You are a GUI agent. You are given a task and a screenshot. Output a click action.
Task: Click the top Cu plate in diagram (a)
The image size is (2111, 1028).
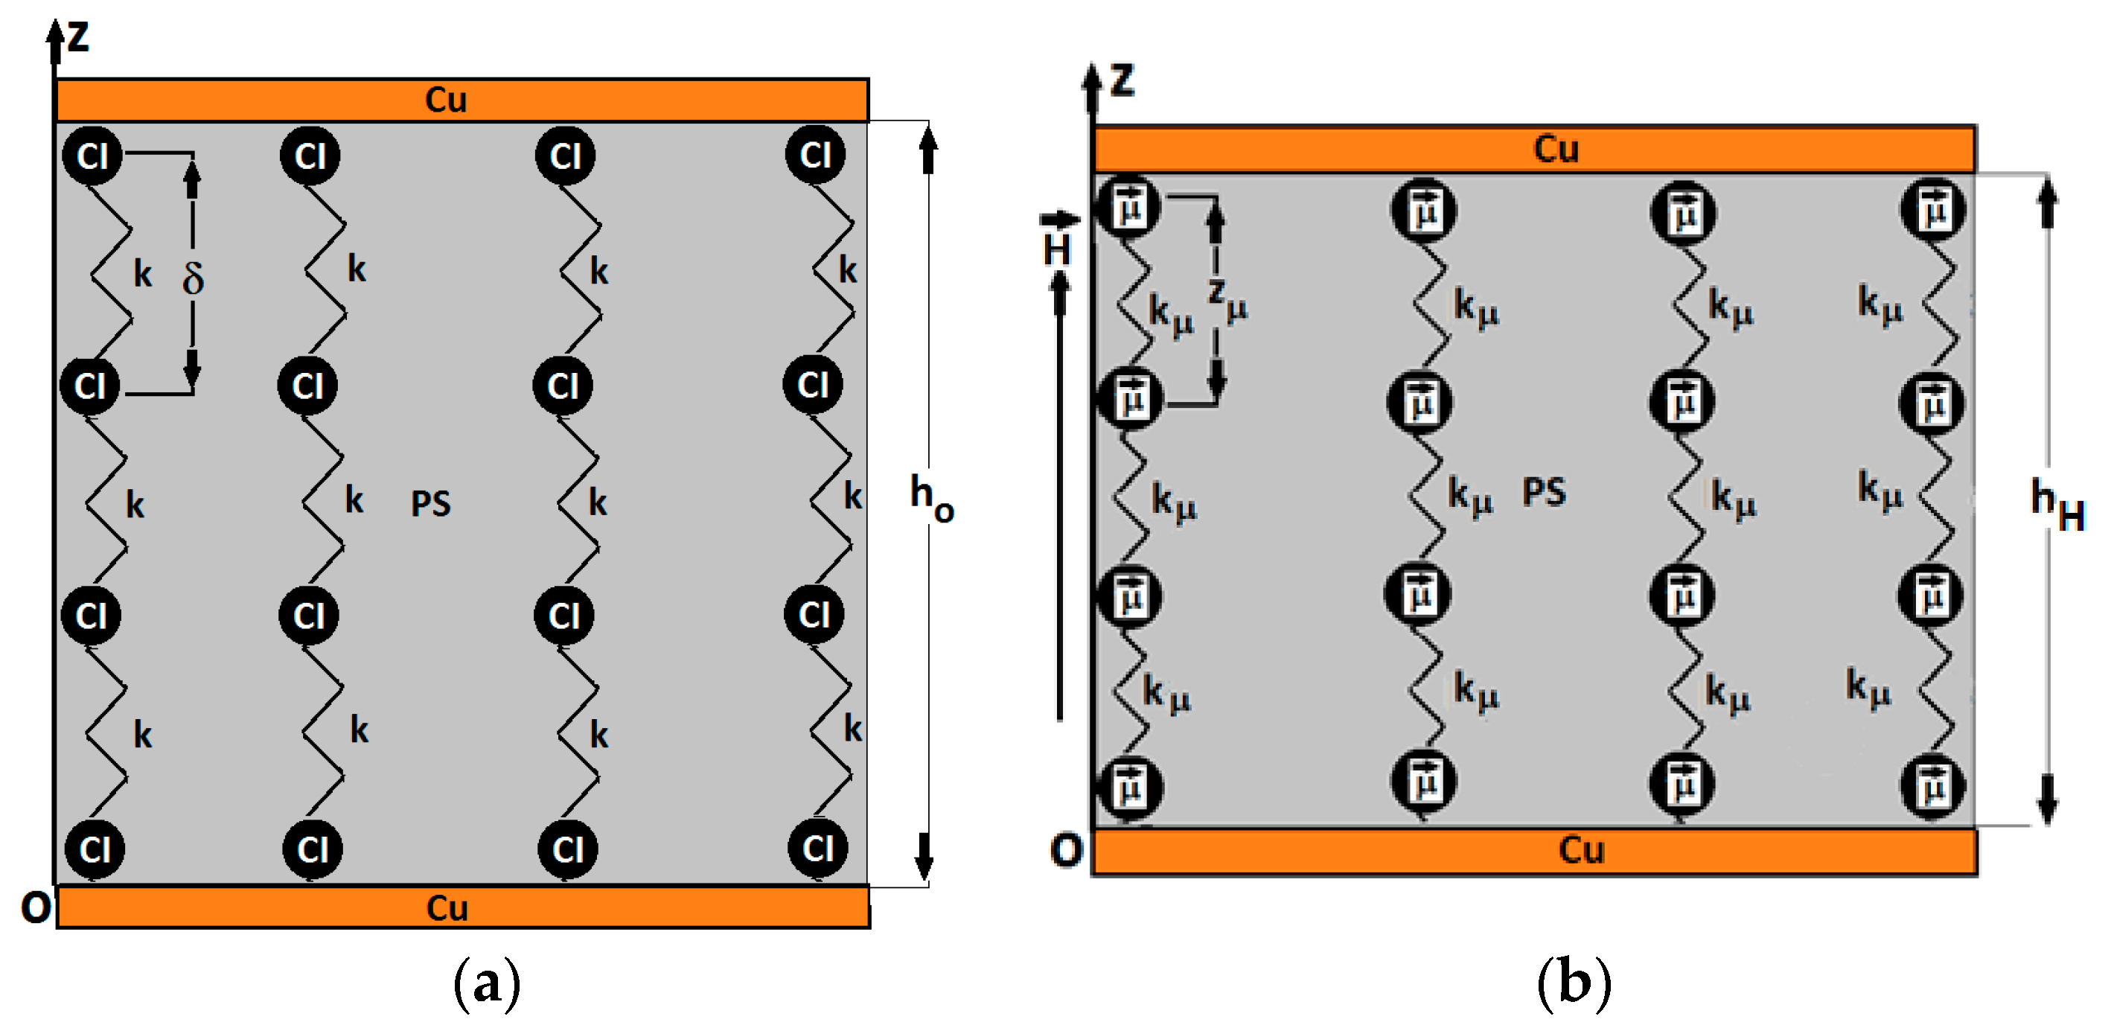[462, 100]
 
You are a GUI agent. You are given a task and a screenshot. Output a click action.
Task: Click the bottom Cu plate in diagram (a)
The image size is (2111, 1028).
[462, 907]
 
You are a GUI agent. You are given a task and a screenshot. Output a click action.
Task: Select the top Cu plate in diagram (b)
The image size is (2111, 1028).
[1534, 149]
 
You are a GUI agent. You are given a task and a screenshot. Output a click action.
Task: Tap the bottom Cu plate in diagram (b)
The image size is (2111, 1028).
[1534, 851]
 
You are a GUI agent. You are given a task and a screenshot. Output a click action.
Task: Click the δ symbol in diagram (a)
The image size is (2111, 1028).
[193, 278]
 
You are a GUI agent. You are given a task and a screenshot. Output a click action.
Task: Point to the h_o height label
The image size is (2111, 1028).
[932, 497]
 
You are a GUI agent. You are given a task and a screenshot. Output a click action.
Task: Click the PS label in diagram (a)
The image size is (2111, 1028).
[430, 503]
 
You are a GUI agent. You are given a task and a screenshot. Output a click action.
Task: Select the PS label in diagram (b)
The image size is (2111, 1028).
[1543, 492]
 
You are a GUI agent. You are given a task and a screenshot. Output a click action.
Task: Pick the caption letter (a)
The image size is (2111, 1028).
[487, 982]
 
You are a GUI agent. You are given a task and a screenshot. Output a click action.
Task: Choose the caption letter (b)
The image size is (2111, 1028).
[1574, 982]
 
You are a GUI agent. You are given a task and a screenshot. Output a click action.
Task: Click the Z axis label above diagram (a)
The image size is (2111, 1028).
[78, 37]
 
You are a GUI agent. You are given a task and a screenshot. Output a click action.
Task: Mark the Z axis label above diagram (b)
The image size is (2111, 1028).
[1122, 80]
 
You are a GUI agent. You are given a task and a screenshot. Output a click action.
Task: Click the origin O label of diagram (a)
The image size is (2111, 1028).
[35, 907]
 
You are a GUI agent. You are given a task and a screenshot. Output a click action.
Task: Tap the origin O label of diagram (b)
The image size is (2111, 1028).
[1066, 850]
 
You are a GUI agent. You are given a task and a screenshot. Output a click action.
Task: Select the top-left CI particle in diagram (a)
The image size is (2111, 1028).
[92, 155]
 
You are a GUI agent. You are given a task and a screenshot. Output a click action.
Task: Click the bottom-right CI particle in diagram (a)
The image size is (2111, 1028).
[817, 849]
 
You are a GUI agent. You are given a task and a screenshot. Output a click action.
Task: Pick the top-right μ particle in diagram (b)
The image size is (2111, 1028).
[1933, 210]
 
